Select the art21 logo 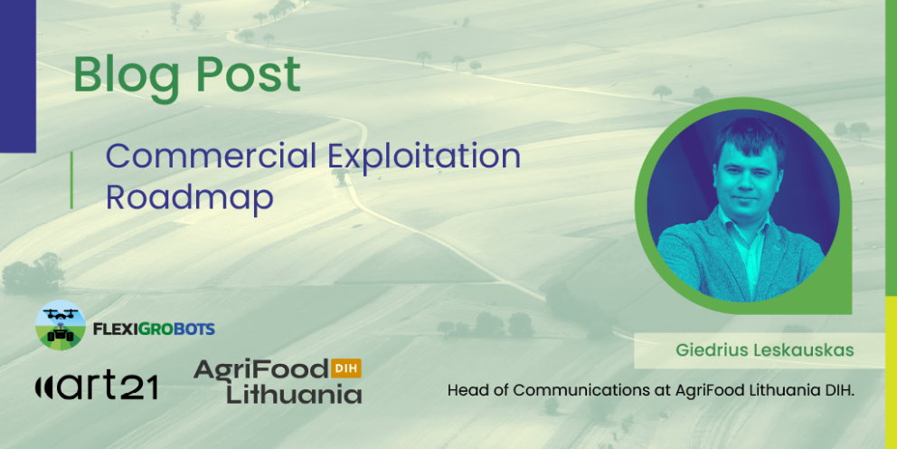pos(97,387)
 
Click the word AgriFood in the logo pos(260,371)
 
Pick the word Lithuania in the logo pos(294,395)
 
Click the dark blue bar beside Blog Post pos(17,72)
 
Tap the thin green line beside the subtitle pos(71,179)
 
